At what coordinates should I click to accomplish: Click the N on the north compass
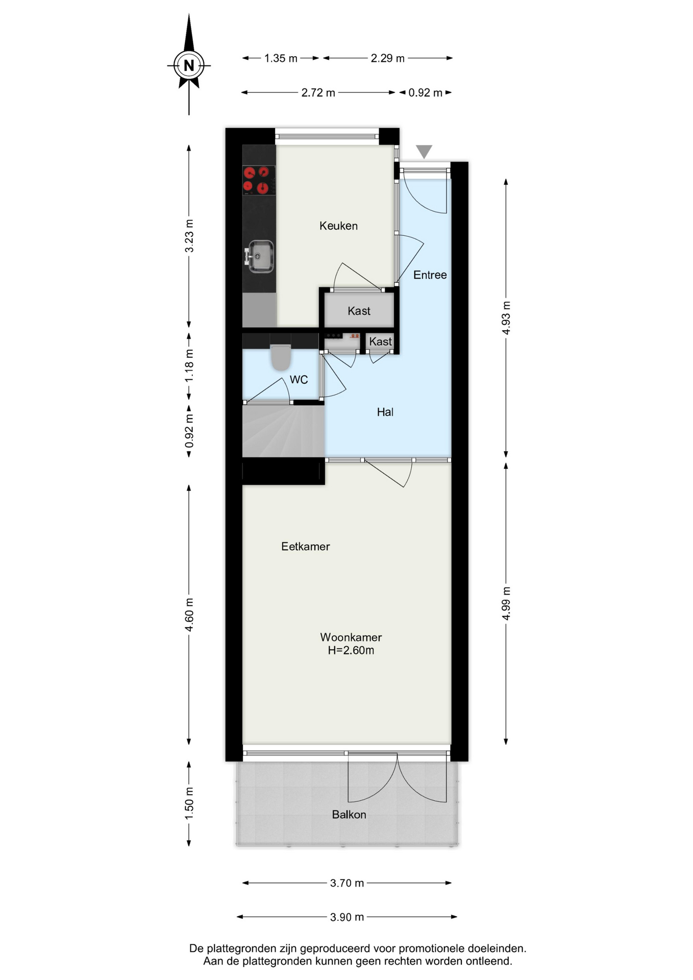[189, 65]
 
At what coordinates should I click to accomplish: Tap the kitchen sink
[260, 256]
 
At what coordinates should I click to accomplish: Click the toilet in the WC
[280, 357]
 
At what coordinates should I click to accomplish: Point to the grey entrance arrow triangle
[424, 152]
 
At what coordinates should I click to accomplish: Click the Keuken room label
[338, 226]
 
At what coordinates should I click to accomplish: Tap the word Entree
[430, 275]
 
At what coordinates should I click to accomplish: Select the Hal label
[385, 412]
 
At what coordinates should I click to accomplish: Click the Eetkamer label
[305, 547]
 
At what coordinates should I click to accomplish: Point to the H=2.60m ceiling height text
[351, 650]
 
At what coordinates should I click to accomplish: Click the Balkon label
[349, 815]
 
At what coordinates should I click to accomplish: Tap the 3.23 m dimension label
[189, 236]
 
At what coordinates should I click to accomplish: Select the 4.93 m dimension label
[506, 317]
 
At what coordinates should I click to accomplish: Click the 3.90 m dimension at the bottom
[347, 917]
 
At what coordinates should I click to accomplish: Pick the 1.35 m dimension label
[281, 58]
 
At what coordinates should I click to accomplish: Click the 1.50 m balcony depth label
[189, 803]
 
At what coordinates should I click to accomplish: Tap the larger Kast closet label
[359, 311]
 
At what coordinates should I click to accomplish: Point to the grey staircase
[283, 430]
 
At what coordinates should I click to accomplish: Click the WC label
[299, 380]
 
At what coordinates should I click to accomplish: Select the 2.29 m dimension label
[388, 58]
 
